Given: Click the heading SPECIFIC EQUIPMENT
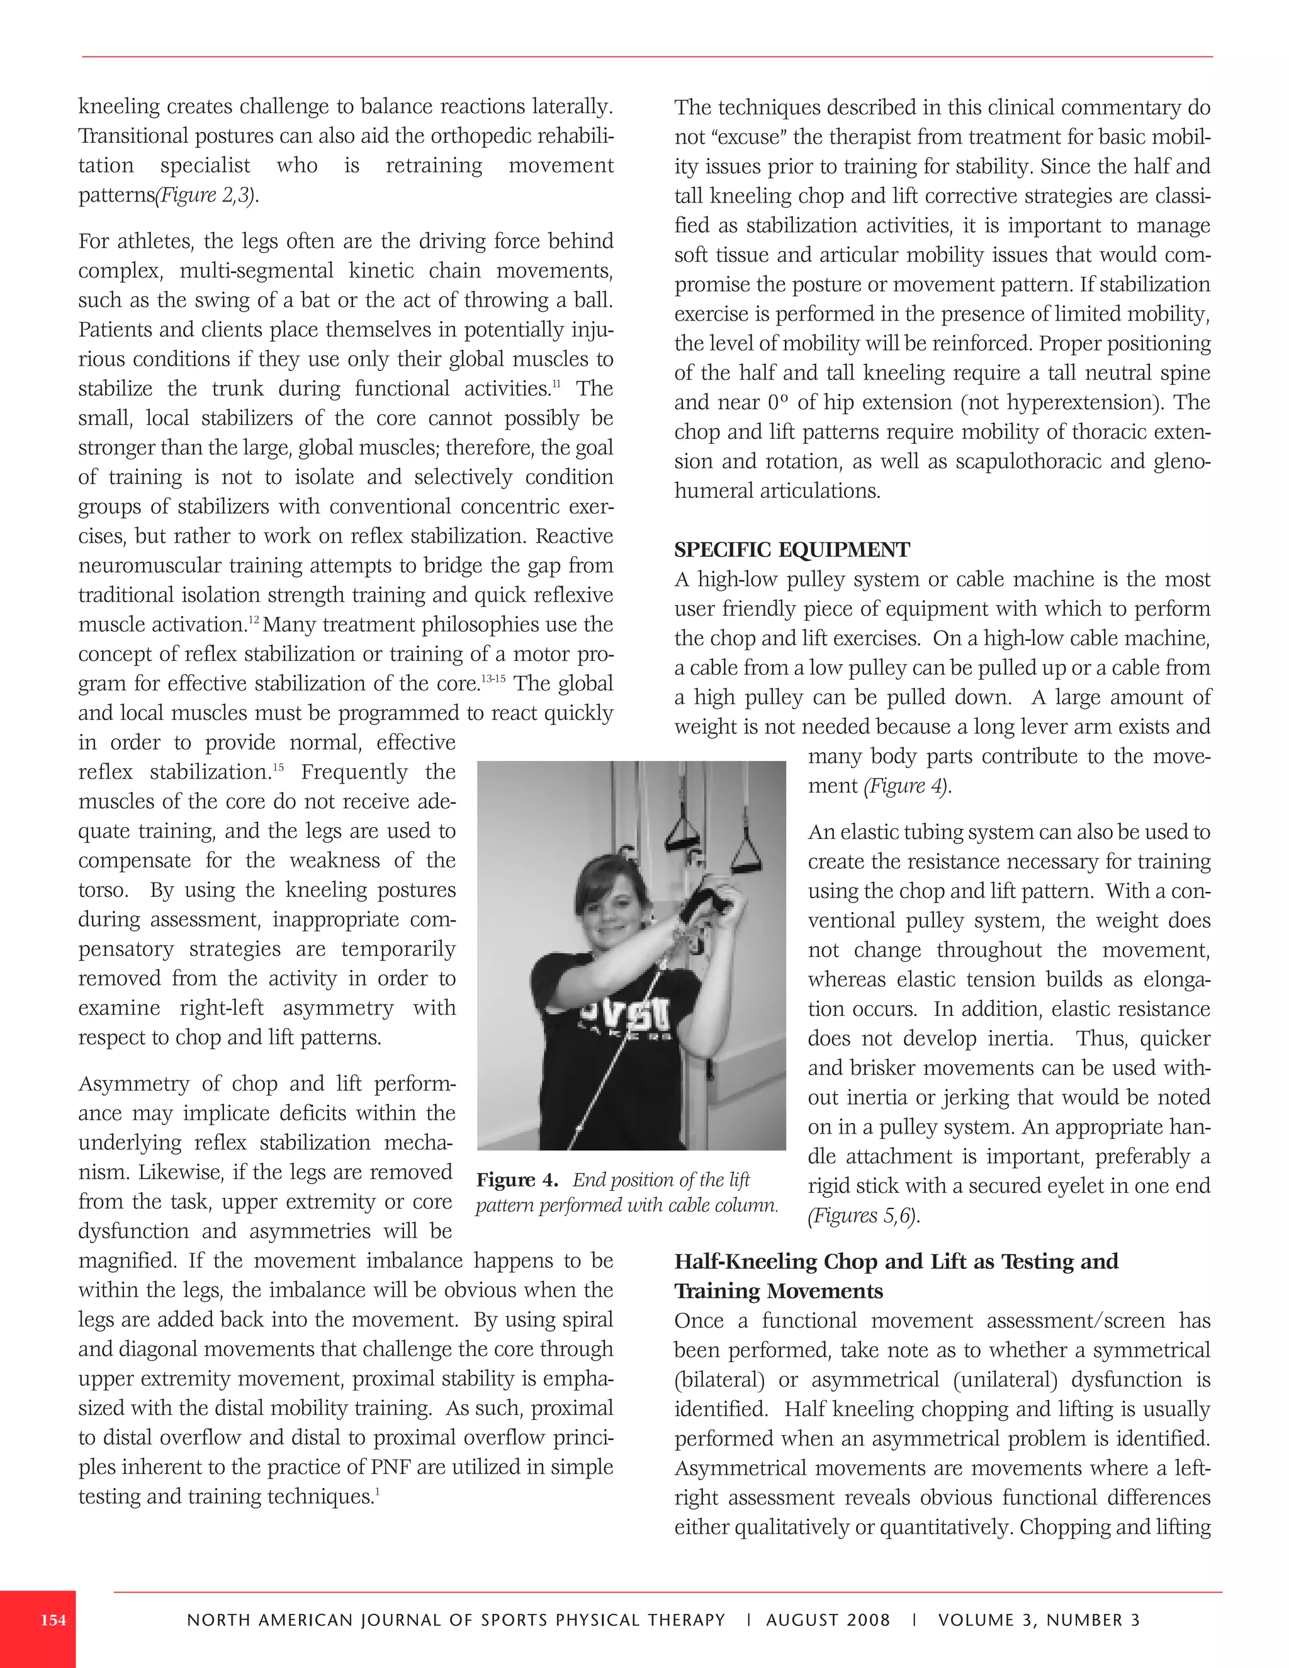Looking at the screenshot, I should tap(791, 550).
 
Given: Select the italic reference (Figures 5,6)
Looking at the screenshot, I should tap(863, 1216).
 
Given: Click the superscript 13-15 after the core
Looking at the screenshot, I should tap(493, 677).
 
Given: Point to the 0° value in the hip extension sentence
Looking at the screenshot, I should tap(771, 402).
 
